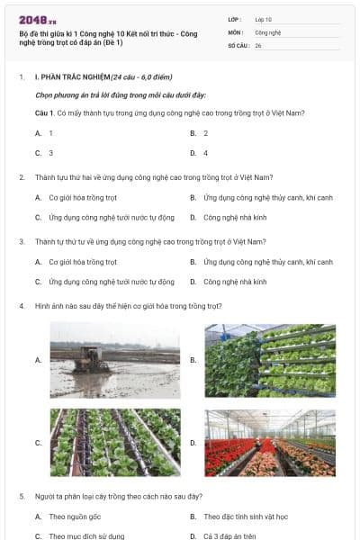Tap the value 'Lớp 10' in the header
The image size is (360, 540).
[x=264, y=19]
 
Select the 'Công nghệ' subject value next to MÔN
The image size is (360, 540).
[x=267, y=31]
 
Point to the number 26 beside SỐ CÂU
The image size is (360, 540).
[x=258, y=44]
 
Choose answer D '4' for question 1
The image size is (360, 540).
[x=205, y=153]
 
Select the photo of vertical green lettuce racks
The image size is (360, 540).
[x=270, y=360]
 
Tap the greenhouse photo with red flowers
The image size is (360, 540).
[x=270, y=443]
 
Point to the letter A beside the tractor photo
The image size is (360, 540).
[x=38, y=360]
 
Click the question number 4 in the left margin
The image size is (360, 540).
[x=22, y=306]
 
